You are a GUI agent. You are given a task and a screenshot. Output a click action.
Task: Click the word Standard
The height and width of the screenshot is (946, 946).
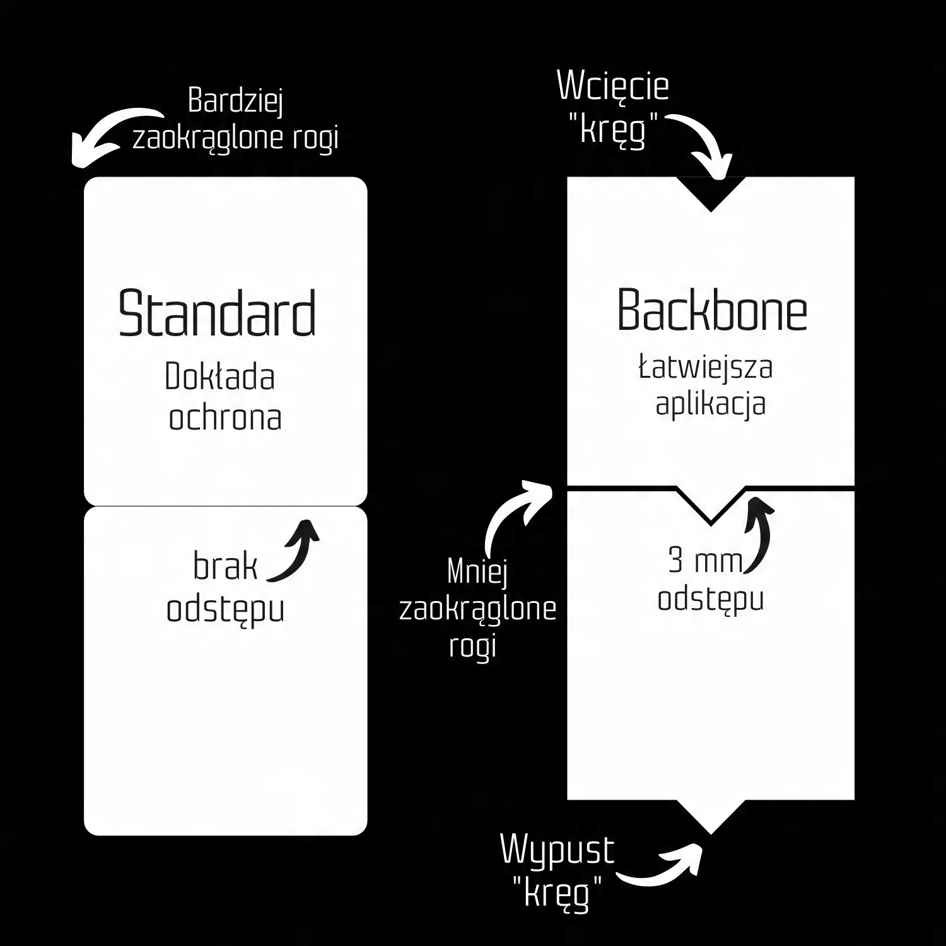click(x=217, y=313)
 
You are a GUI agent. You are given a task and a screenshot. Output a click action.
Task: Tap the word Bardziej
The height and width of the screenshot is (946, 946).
click(x=235, y=101)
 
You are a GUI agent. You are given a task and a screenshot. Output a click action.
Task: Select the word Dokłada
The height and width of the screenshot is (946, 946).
click(x=219, y=377)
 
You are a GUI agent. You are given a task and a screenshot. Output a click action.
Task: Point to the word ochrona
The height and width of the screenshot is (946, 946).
click(x=225, y=418)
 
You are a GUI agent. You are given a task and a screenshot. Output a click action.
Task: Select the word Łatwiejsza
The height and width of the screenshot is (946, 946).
click(x=706, y=367)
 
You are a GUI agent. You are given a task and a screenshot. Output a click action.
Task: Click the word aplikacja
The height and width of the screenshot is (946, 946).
click(x=711, y=404)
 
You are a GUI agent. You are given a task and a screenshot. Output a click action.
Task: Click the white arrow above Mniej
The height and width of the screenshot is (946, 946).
click(x=514, y=514)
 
